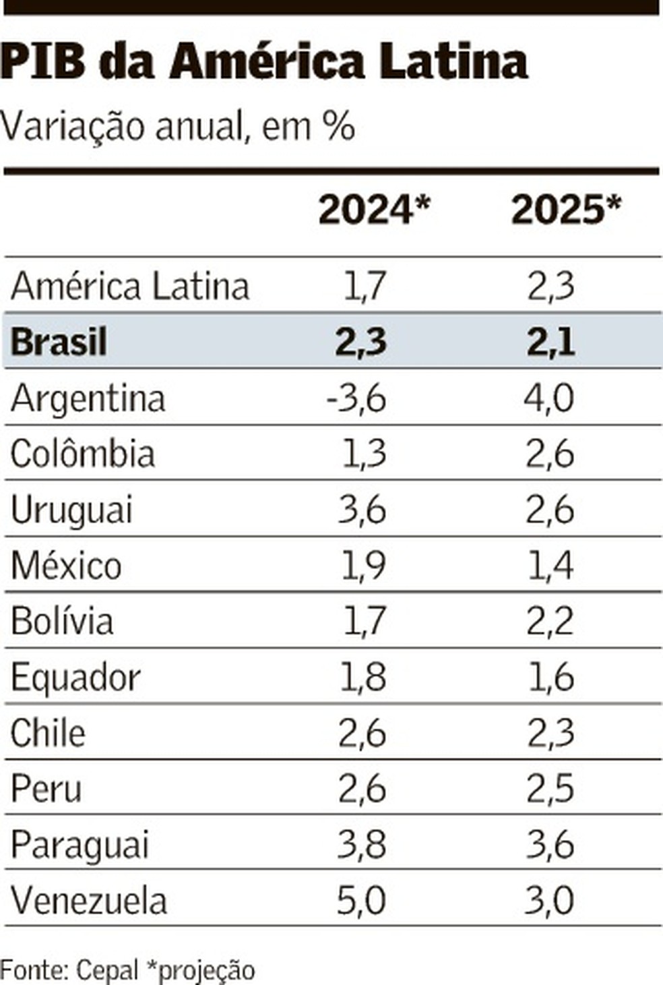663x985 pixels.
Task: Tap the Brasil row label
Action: click(59, 341)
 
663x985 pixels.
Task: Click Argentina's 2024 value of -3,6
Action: click(356, 398)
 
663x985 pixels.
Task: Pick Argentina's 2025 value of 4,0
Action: click(549, 398)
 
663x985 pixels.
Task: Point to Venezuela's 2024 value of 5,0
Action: click(361, 901)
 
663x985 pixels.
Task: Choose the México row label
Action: click(66, 565)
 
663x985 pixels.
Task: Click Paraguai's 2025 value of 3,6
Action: click(550, 845)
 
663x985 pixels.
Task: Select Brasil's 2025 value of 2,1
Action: click(550, 341)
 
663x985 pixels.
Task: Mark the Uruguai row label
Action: click(71, 510)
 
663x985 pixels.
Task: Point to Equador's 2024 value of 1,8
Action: click(363, 677)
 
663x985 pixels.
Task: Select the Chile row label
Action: click(48, 733)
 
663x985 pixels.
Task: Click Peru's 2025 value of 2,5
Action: click(550, 789)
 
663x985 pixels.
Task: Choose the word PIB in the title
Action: click(43, 62)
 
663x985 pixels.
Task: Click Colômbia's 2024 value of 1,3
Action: click(364, 454)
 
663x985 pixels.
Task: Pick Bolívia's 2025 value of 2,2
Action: click(550, 621)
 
